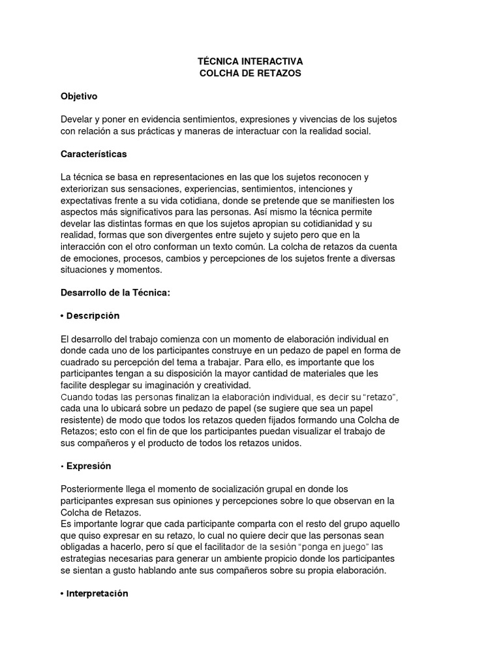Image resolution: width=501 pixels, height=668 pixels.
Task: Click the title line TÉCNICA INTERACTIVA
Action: click(x=250, y=61)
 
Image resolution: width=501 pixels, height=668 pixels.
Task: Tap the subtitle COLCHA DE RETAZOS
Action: click(x=250, y=74)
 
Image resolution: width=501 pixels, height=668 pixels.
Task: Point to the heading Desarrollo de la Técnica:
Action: click(x=115, y=293)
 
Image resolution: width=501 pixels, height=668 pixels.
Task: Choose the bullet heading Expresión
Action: click(x=88, y=466)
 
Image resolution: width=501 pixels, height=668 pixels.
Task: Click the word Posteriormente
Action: click(x=93, y=489)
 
